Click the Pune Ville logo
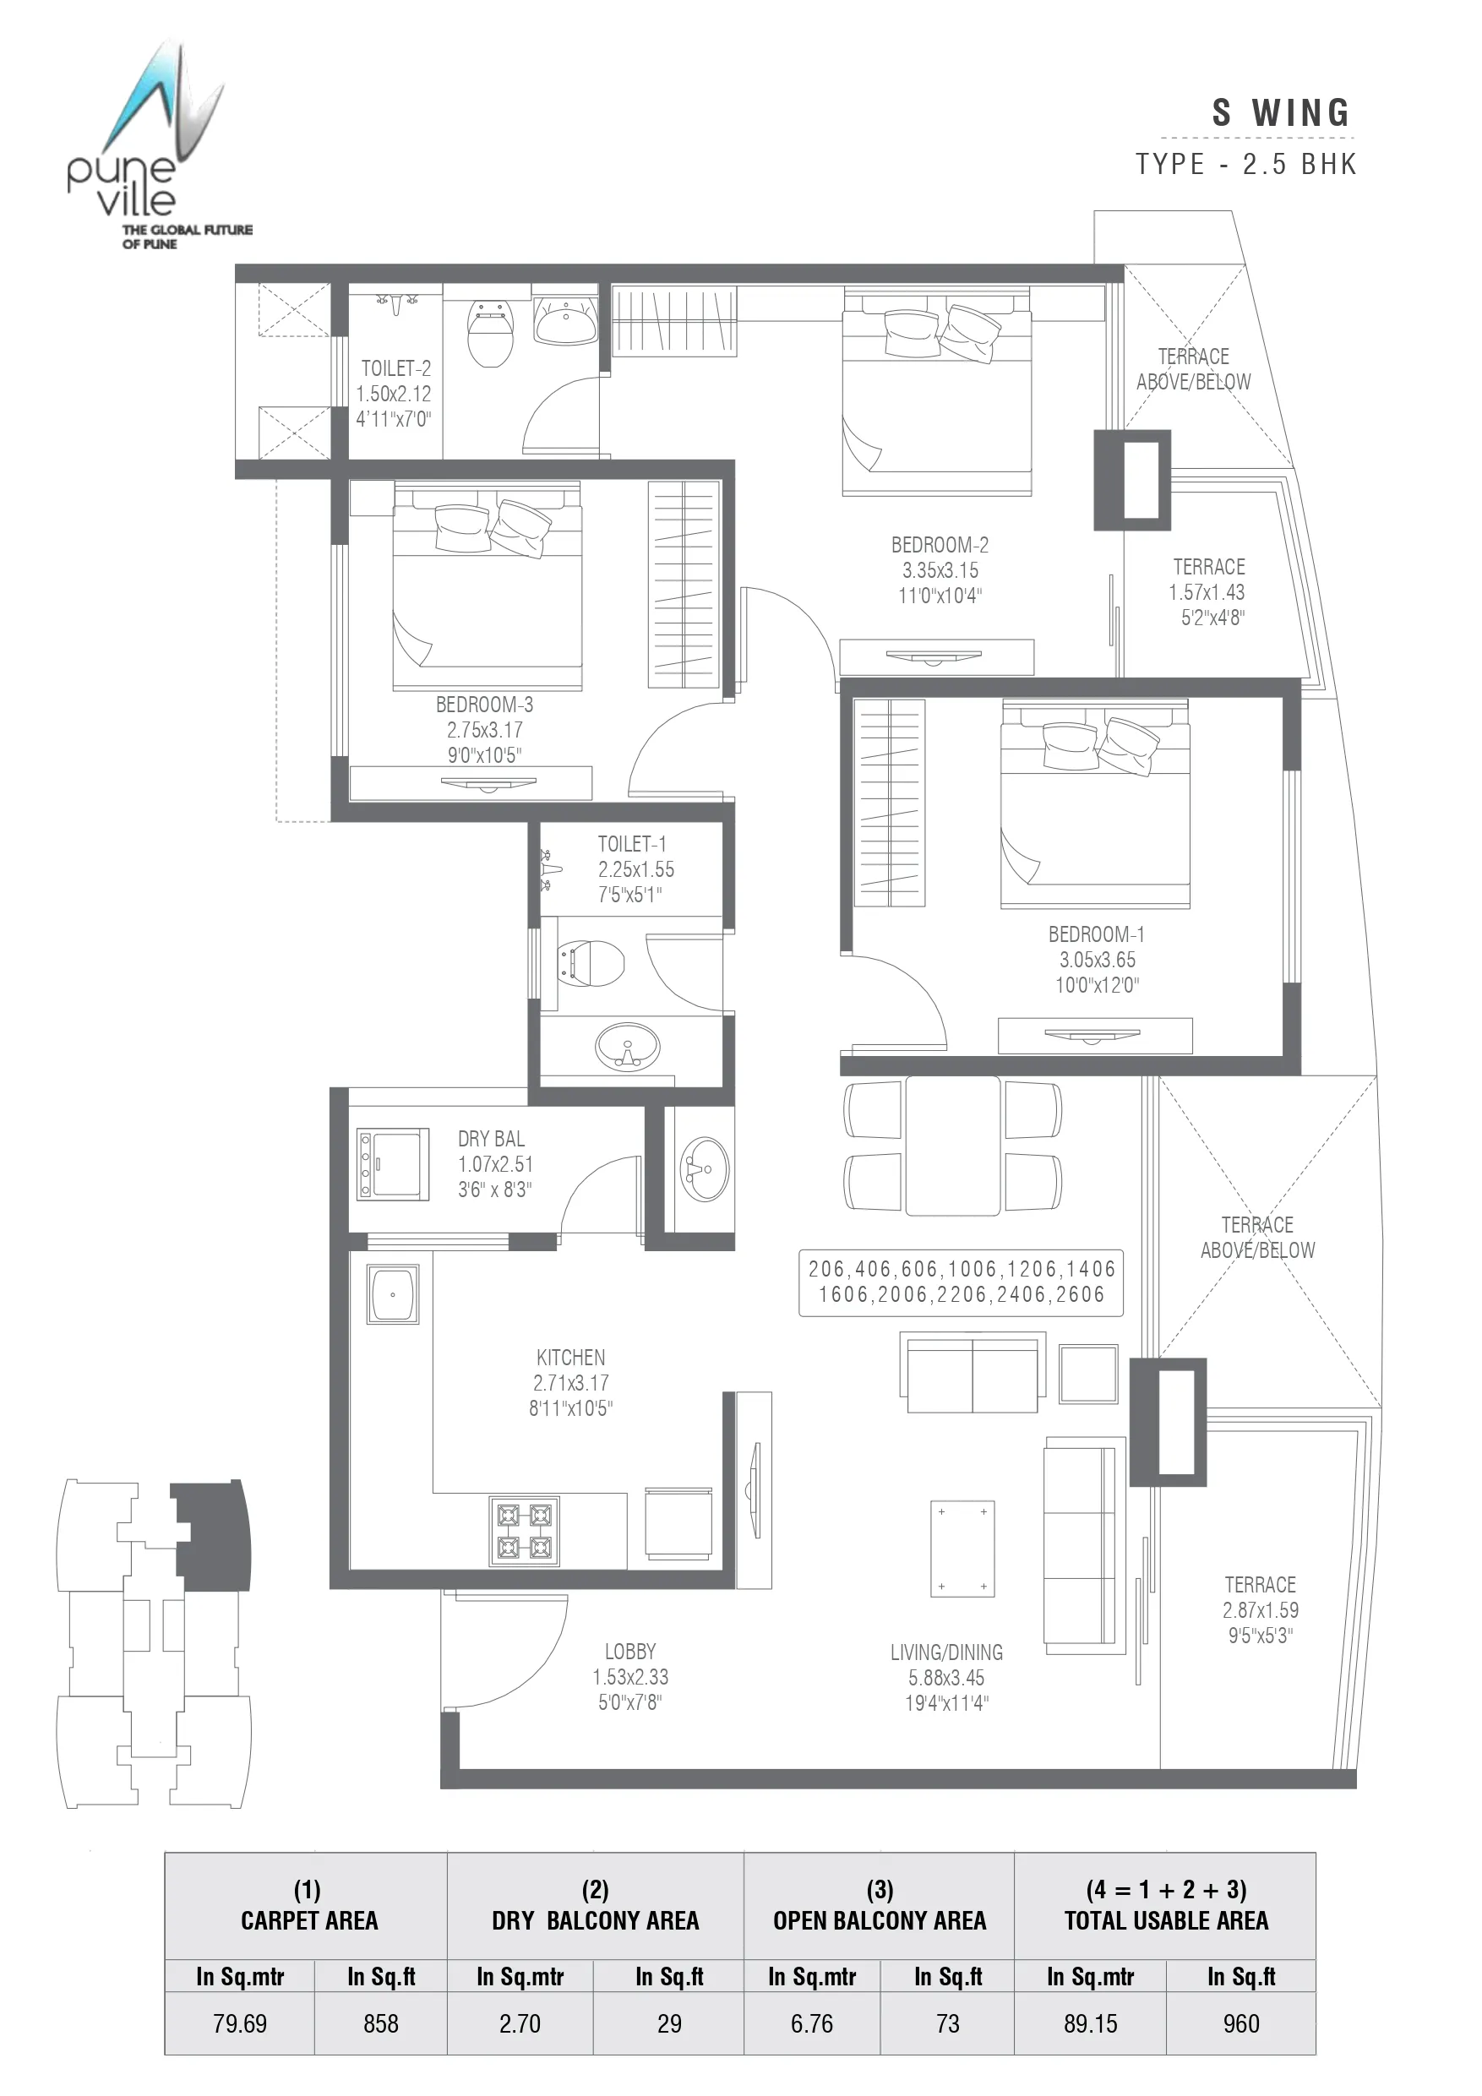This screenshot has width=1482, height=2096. tap(155, 146)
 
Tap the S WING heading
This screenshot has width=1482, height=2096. tap(1280, 113)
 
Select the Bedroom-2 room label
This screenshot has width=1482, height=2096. tap(940, 545)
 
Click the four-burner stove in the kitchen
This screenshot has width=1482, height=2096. tap(524, 1532)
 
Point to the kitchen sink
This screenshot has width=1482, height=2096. tap(393, 1293)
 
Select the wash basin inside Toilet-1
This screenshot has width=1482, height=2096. tap(627, 1046)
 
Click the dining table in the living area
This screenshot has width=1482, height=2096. tap(952, 1146)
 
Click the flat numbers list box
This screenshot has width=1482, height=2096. tap(961, 1282)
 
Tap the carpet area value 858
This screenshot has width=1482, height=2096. tap(381, 2024)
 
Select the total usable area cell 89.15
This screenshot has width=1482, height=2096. tap(1090, 2024)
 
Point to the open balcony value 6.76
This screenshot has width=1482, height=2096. tap(812, 2024)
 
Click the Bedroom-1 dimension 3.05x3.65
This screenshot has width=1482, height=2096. tap(1097, 960)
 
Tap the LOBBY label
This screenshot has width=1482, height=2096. tap(630, 1652)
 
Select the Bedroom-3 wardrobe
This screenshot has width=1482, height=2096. tap(683, 585)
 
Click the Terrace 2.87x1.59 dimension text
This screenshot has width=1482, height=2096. tap(1260, 1610)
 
